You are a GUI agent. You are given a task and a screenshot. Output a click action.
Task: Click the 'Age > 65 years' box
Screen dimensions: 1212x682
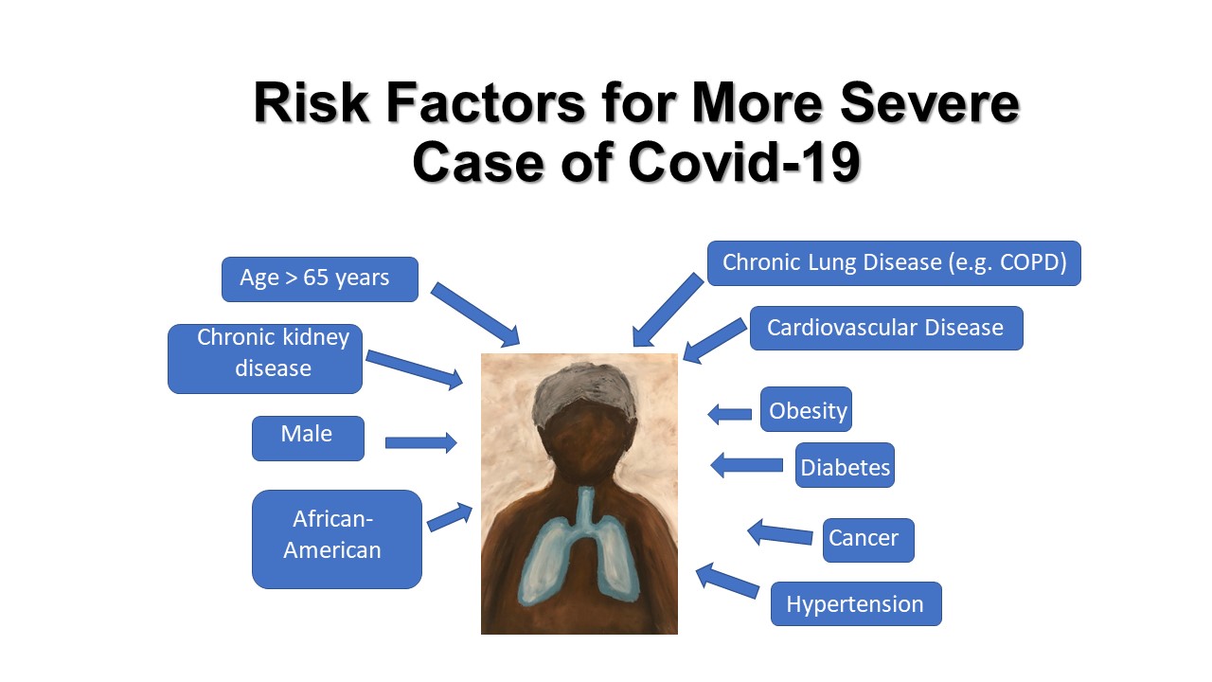point(320,279)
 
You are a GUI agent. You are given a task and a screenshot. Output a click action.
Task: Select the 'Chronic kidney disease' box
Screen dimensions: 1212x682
point(265,359)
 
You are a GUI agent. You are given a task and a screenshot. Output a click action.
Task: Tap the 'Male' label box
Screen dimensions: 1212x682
point(308,439)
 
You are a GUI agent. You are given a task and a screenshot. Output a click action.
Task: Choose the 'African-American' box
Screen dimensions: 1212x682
point(336,539)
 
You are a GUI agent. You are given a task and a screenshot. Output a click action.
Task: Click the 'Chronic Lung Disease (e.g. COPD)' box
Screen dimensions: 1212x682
point(894,263)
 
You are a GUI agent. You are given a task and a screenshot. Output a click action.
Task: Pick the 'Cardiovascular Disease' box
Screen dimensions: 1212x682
point(886,328)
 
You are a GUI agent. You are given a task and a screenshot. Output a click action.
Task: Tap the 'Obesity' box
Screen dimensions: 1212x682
point(806,409)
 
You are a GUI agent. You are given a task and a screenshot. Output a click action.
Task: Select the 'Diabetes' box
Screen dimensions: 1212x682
point(845,465)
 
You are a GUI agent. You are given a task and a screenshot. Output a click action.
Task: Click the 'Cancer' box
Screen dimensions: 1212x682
point(868,540)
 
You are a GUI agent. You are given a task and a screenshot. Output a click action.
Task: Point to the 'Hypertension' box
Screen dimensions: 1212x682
point(856,604)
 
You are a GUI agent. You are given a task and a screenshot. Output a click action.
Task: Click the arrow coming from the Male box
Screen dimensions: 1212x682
point(421,442)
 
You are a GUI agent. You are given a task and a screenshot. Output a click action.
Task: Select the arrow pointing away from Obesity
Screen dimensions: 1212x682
point(729,415)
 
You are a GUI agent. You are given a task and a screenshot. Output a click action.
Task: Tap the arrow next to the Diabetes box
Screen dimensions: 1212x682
point(746,465)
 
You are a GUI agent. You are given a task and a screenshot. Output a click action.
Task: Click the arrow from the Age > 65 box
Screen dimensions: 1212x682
point(475,314)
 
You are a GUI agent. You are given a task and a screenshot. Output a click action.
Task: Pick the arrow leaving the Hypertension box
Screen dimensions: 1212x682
point(726,581)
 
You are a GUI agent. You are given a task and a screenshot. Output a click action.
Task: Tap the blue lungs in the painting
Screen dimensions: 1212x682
point(579,552)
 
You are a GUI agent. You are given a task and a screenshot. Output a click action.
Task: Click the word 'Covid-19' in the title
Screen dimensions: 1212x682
point(744,162)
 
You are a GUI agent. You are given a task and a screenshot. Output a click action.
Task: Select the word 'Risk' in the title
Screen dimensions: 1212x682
point(312,103)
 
